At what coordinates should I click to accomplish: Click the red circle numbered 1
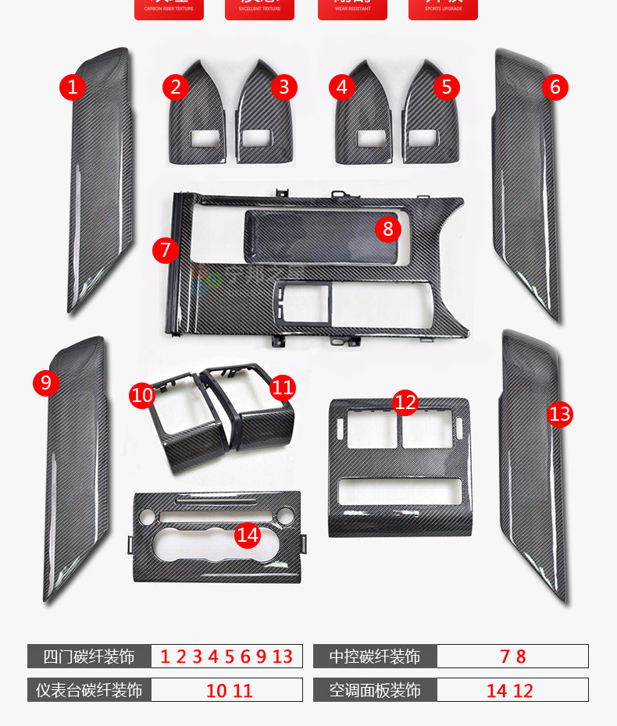[72, 86]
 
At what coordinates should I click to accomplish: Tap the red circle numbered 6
[555, 87]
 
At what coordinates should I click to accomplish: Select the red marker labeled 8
[387, 229]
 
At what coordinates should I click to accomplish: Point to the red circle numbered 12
[405, 402]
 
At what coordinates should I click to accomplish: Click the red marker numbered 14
[248, 535]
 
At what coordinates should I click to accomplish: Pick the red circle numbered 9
[46, 383]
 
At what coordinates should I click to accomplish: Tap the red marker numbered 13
[560, 413]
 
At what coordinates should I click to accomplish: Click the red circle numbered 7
[166, 250]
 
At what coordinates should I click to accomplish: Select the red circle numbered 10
[142, 395]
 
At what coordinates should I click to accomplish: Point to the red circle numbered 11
[284, 386]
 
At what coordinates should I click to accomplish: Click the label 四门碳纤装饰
[89, 657]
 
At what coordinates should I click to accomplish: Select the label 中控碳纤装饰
[375, 657]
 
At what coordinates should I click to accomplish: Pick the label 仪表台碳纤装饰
[89, 690]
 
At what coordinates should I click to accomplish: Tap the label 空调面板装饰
[375, 690]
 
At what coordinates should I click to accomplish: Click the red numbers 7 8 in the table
[512, 657]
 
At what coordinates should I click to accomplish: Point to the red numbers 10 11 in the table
[230, 690]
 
